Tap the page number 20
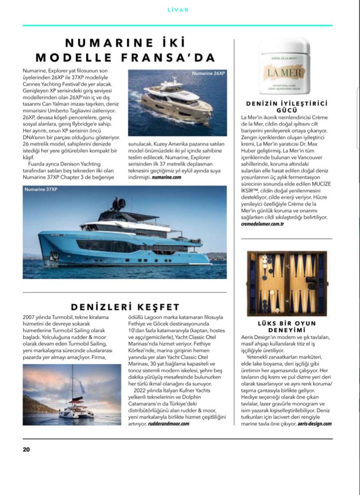tap(26, 449)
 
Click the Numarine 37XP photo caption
tap(39, 189)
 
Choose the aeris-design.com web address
tap(314, 423)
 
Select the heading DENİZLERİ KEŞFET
tap(125, 307)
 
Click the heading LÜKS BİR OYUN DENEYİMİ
tap(286, 327)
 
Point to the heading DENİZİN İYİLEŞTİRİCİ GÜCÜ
tap(286, 106)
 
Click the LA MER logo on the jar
tap(285, 72)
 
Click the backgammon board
tap(287, 283)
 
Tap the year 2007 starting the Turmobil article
tap(30, 317)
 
